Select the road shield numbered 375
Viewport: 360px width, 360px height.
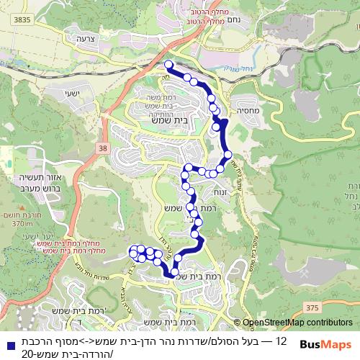pyautogui.click(x=312, y=307)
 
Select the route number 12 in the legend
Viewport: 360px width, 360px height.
pyautogui.click(x=282, y=340)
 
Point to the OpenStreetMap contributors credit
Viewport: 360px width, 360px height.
pyautogui.click(x=297, y=323)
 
